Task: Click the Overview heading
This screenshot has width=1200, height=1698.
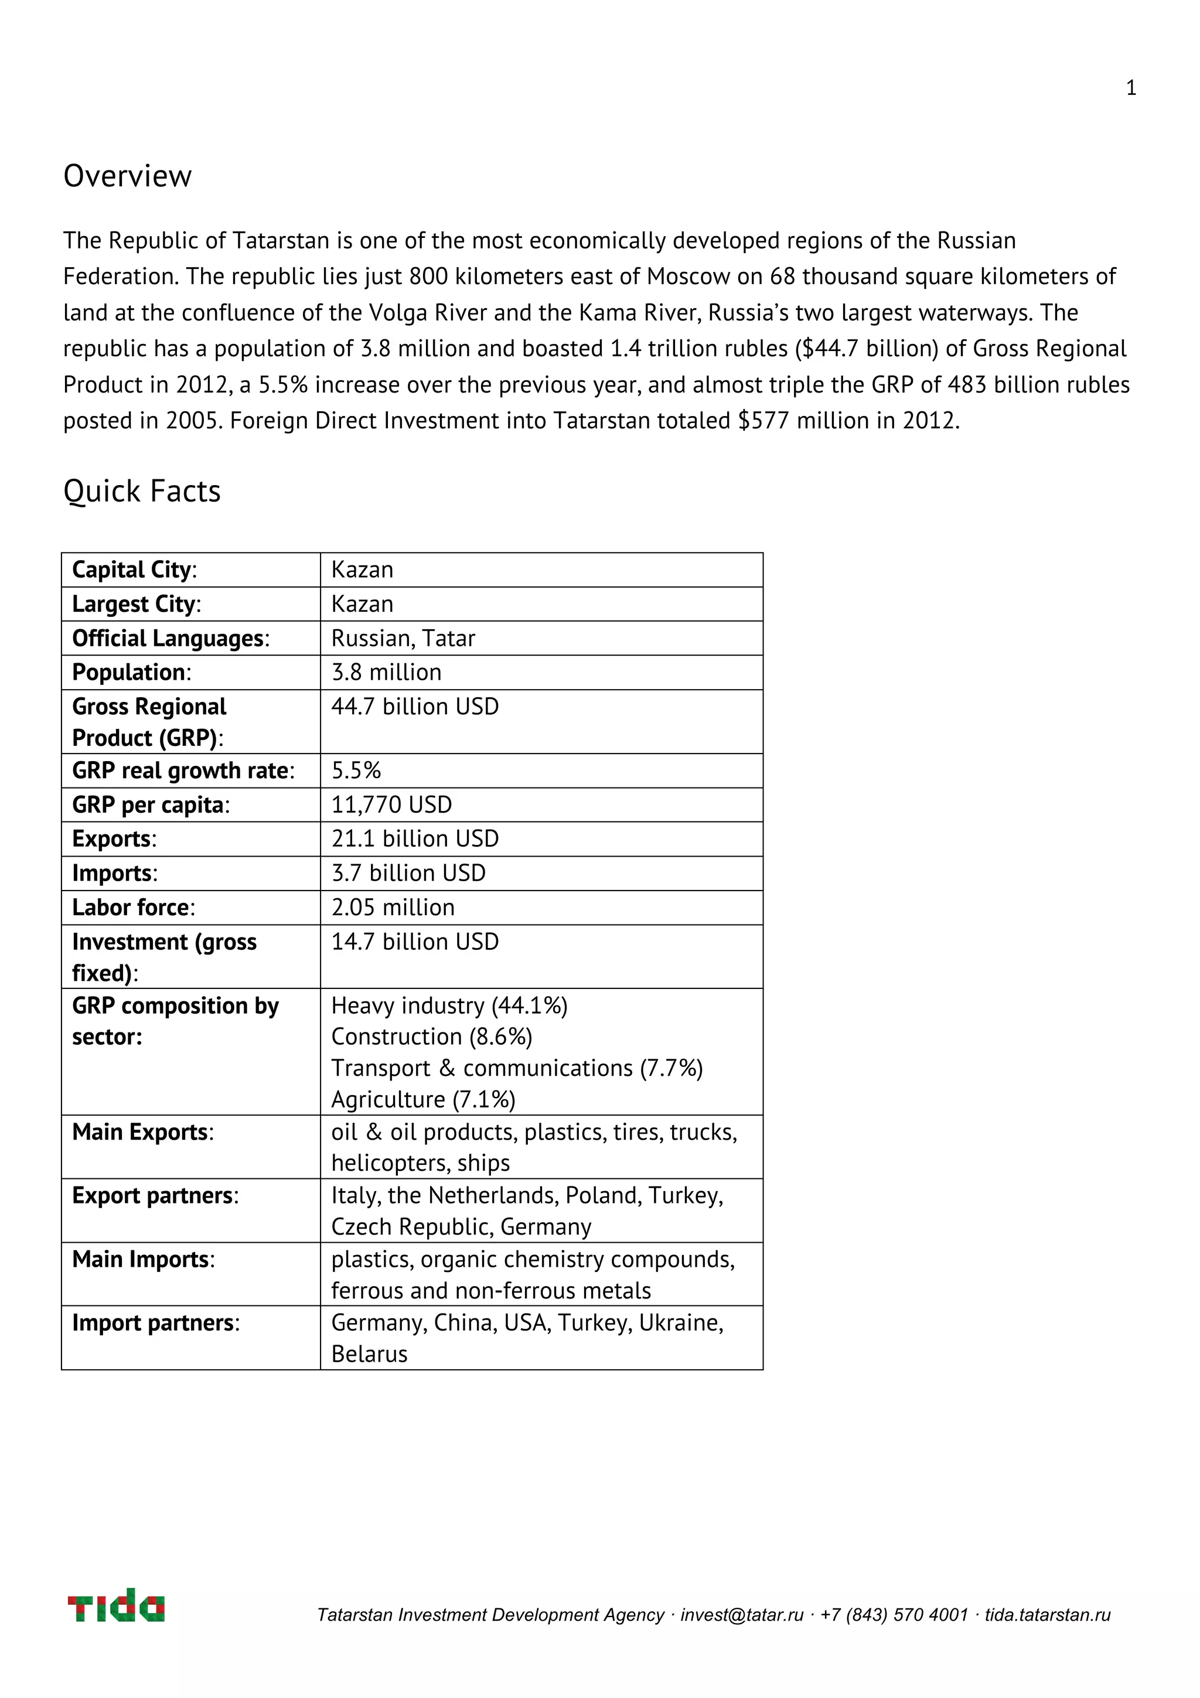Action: click(127, 176)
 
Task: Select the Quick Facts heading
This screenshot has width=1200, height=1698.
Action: click(142, 491)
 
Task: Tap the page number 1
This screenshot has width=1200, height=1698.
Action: click(1130, 88)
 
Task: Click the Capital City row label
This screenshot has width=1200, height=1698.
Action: click(134, 570)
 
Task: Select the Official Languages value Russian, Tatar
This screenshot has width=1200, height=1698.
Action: click(403, 637)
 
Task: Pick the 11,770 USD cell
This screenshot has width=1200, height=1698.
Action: click(391, 804)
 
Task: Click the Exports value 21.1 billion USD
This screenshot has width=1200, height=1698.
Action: click(415, 838)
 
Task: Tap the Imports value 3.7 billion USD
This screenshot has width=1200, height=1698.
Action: click(408, 872)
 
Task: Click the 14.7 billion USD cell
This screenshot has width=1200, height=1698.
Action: click(415, 942)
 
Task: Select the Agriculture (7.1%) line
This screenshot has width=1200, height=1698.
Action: click(423, 1099)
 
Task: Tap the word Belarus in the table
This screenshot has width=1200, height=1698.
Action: click(369, 1353)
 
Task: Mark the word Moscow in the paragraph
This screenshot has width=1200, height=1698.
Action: click(688, 276)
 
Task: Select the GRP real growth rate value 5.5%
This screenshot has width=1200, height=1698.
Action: click(356, 770)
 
